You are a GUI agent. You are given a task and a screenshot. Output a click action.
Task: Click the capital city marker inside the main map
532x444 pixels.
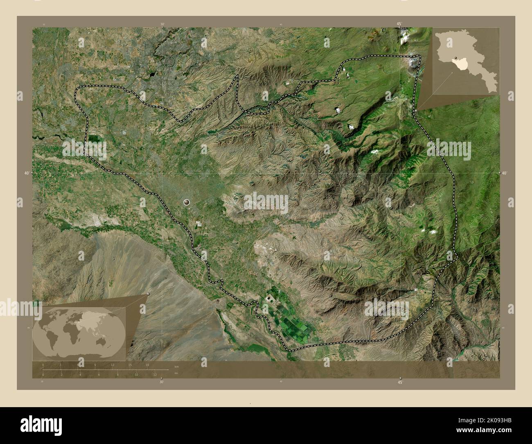tap(187, 202)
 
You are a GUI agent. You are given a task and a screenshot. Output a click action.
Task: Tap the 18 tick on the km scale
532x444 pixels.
tap(147, 365)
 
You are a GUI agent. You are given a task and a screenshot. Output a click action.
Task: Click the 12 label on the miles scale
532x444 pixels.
tap(155, 374)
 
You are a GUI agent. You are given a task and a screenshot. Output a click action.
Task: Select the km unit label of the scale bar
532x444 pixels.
tap(176, 366)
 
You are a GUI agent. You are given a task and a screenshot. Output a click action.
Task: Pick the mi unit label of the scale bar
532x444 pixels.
tap(176, 373)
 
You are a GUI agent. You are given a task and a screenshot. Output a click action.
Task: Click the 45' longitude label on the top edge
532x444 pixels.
tap(400, 24)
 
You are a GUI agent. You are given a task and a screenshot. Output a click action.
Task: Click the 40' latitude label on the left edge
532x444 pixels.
tap(27, 173)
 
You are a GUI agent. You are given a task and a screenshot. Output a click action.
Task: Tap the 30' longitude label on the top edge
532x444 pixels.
tap(162, 24)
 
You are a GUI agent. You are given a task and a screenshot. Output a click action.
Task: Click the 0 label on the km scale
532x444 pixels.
tap(43, 365)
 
